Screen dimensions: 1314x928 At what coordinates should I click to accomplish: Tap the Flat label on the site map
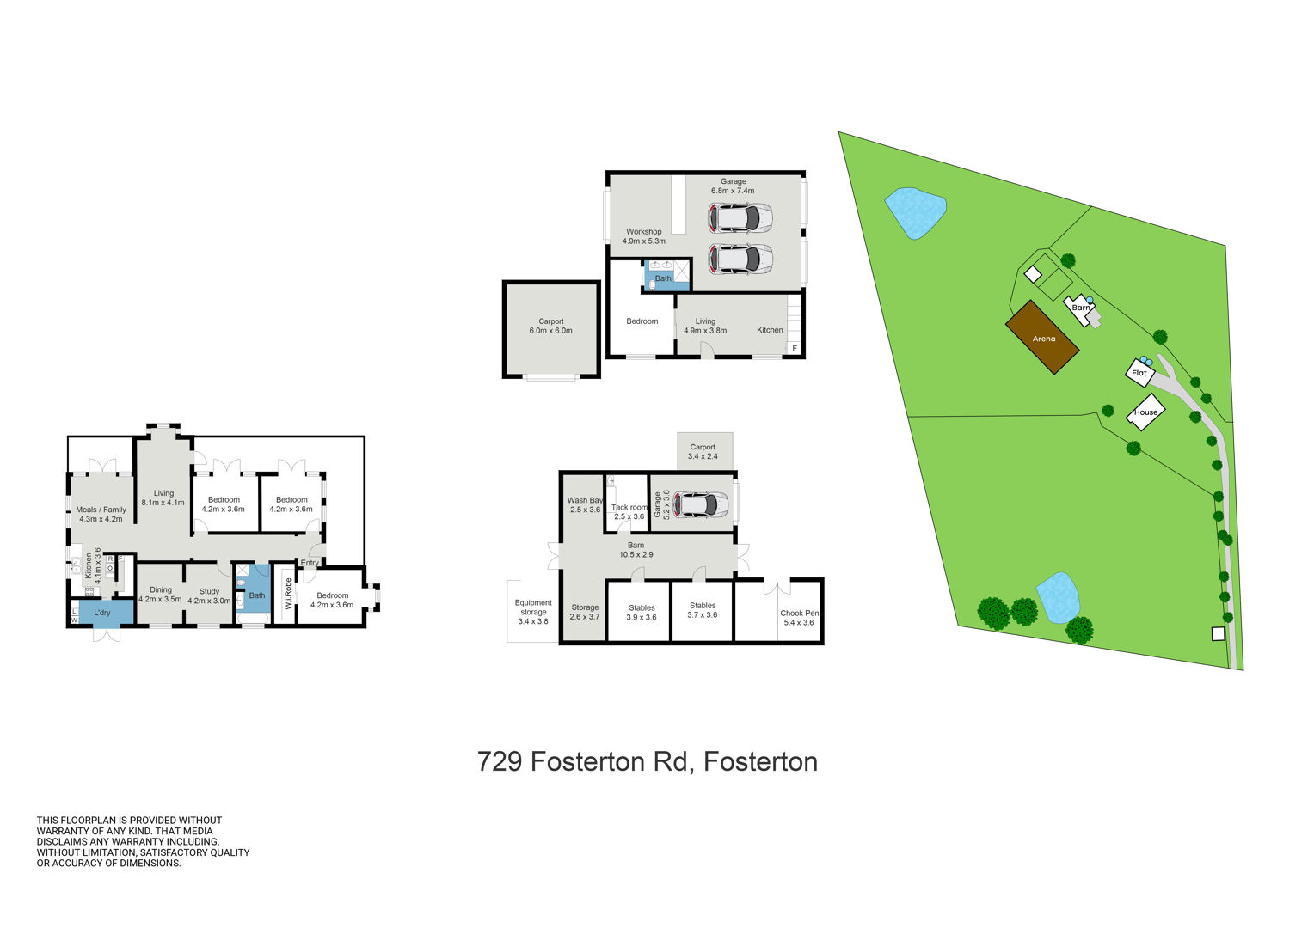tap(1139, 373)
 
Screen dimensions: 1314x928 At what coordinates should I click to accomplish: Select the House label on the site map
tap(1145, 412)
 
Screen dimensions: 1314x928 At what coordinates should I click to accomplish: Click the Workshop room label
tap(643, 231)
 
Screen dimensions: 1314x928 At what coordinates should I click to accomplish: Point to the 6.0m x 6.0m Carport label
tap(551, 326)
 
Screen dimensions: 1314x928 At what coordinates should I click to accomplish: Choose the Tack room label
tap(629, 507)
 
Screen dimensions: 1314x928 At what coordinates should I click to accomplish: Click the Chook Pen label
tap(799, 614)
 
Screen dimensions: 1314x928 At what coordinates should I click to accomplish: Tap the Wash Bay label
tap(585, 500)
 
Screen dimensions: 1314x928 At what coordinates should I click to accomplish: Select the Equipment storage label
tap(533, 607)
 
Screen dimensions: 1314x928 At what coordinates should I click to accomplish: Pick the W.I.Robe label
tap(288, 593)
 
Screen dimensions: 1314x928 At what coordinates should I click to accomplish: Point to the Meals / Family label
tap(101, 510)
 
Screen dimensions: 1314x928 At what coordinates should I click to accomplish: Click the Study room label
tap(210, 591)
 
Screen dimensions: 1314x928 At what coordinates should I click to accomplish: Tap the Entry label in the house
tap(310, 563)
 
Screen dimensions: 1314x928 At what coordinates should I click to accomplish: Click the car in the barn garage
tap(701, 504)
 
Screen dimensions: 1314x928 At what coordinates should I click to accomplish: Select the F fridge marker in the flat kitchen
tap(795, 348)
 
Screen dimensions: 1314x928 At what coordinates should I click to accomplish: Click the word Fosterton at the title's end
tap(760, 761)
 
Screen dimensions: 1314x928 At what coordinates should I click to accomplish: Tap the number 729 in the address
tap(500, 761)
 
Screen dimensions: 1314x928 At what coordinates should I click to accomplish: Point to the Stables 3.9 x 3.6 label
tap(642, 613)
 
